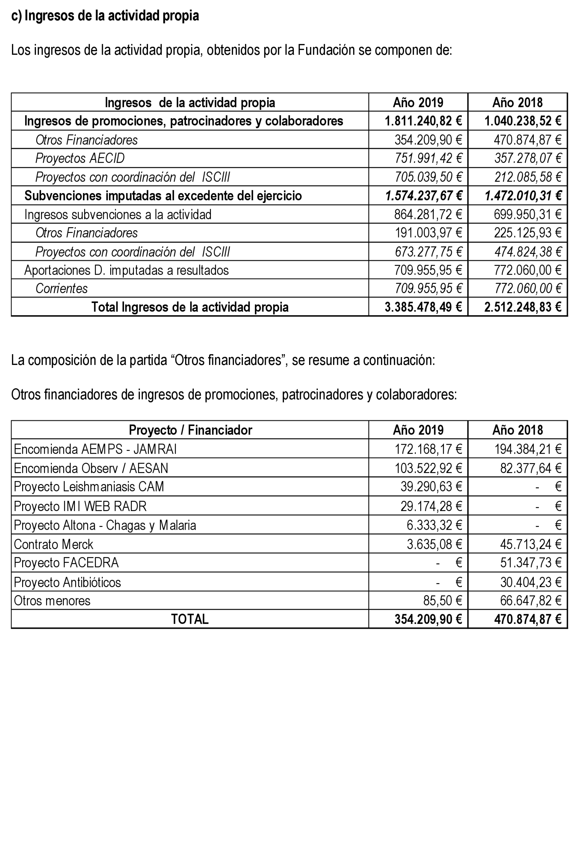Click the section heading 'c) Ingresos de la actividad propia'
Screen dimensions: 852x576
(105, 16)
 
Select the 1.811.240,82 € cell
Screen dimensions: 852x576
(423, 121)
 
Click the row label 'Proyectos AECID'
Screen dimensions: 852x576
(80, 158)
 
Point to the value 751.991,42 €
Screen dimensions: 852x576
(428, 158)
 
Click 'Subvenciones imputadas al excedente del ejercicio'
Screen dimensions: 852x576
(163, 196)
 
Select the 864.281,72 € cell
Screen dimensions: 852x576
(428, 215)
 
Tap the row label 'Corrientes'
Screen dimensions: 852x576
(62, 289)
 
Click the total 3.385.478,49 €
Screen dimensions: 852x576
(423, 307)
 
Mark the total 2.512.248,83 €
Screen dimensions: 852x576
(523, 307)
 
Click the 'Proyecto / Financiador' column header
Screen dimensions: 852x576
(190, 430)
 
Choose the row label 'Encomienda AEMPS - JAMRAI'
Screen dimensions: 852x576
(95, 449)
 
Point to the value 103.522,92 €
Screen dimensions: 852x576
(428, 468)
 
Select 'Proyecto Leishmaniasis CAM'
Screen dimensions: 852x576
(89, 486)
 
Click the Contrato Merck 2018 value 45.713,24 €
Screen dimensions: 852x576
(531, 544)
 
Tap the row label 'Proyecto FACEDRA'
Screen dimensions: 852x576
(66, 563)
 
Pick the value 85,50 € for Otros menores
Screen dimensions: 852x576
(442, 601)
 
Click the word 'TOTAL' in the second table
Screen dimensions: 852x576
(189, 619)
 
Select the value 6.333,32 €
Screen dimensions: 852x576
(434, 525)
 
